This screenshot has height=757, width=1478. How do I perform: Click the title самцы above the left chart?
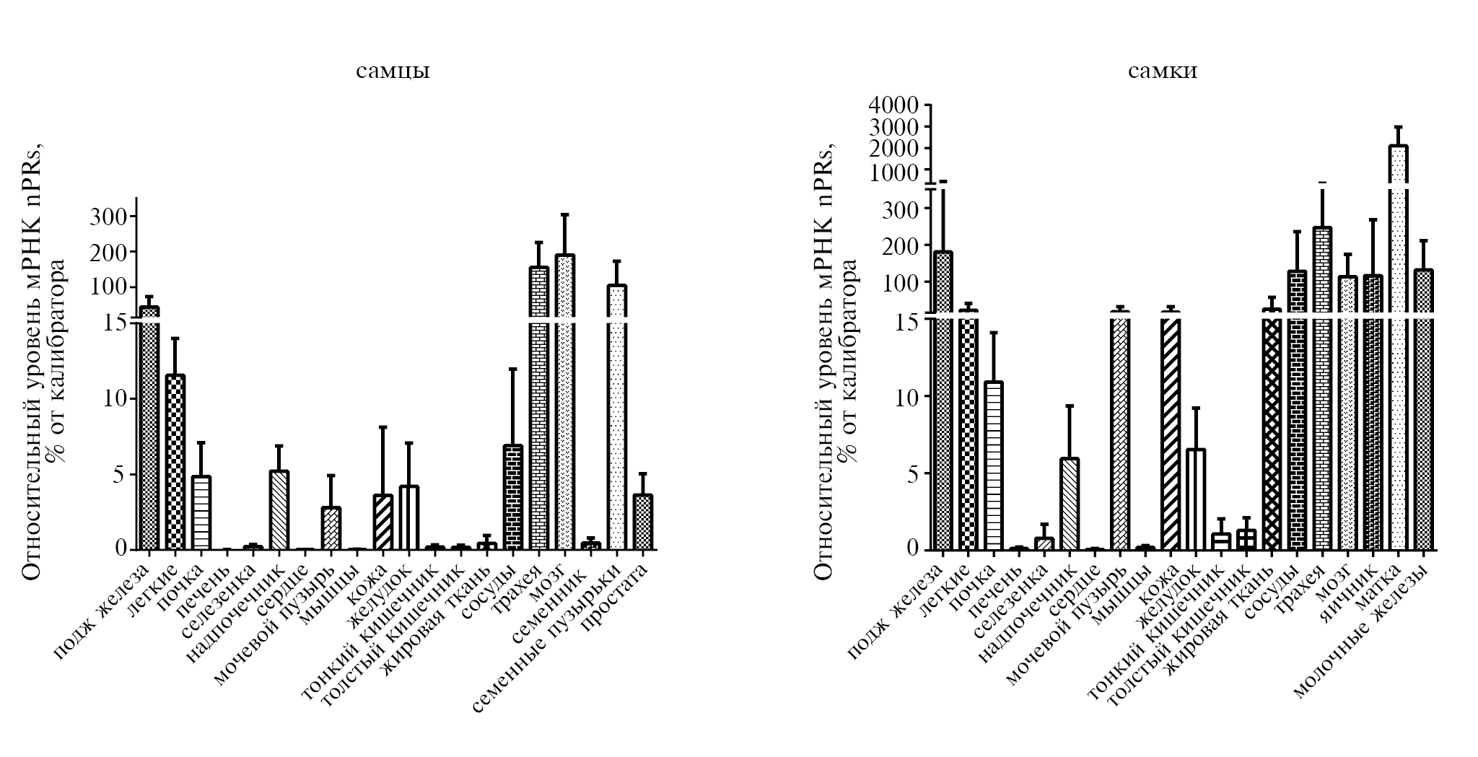393,72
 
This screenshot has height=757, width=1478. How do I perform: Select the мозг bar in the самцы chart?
564,404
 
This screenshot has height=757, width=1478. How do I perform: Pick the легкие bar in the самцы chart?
175,462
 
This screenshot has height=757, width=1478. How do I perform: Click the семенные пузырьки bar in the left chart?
616,419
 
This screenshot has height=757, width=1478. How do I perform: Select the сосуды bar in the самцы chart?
512,498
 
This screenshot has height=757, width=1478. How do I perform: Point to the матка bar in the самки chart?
1398,346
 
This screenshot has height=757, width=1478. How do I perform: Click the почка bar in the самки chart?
994,465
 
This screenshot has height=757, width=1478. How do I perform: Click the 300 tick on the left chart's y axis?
108,216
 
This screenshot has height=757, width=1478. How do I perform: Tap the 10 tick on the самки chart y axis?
905,398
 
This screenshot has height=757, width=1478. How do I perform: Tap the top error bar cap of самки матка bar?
1398,127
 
